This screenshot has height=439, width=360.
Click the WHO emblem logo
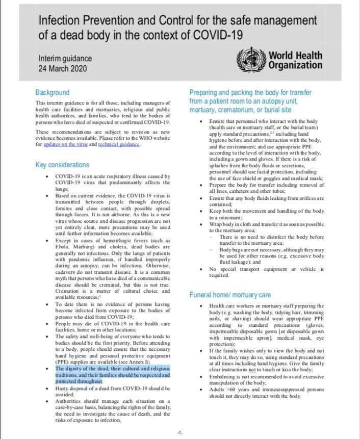click(x=252, y=60)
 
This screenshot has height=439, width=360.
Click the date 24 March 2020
click(x=63, y=68)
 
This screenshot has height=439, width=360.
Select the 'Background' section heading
click(x=52, y=92)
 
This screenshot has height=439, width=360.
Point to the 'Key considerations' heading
click(x=62, y=165)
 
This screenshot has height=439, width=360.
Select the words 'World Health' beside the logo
click(x=295, y=55)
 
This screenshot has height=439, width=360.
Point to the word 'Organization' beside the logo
click(x=295, y=65)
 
